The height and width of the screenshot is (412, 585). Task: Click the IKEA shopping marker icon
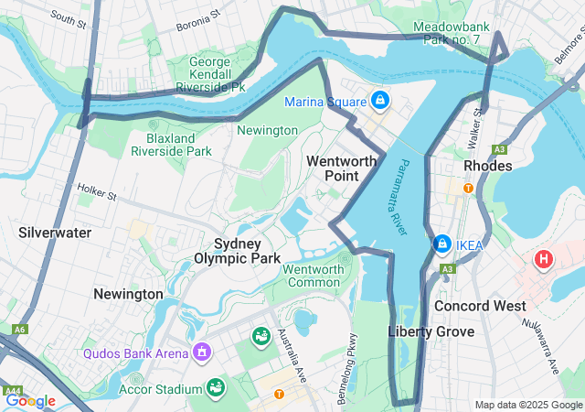pos(442,244)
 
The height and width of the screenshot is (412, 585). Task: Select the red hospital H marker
pos(544,260)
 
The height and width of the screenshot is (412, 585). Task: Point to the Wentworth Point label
pos(341,168)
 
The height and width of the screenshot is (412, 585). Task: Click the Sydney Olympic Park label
pos(237,251)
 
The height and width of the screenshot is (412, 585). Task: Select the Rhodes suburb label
pos(488,166)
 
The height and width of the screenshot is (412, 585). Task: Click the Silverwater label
pos(55,233)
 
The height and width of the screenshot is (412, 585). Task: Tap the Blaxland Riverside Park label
pos(178,145)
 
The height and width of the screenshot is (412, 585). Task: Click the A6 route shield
pos(19,329)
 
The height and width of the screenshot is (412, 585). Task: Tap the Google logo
pos(30,400)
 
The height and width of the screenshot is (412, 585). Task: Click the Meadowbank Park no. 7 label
pos(457,34)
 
